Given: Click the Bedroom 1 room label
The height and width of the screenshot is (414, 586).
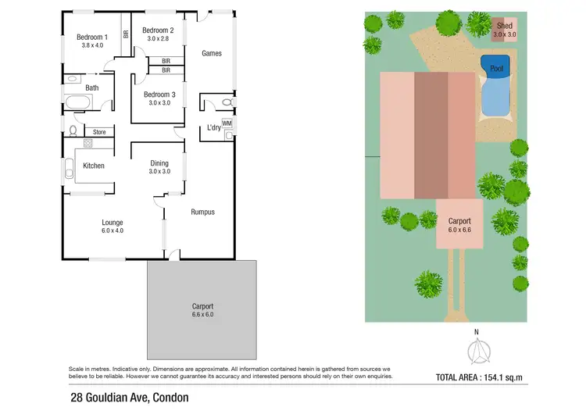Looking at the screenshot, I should coord(91,37).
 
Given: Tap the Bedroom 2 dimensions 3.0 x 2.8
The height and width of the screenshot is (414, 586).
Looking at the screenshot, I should coord(158,38).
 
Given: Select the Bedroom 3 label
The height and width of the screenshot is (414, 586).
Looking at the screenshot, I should coord(159,95).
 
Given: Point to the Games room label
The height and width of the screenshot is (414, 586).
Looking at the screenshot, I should coord(212,53).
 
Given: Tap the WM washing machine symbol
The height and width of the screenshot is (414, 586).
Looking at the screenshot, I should coord(227,123).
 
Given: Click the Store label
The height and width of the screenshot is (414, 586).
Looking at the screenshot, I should coord(98,132).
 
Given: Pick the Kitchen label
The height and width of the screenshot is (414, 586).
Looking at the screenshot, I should coord(94,166).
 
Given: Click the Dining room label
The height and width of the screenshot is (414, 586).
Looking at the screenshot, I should coord(159,163).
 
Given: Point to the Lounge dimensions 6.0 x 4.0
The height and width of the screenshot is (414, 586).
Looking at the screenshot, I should coord(113,230).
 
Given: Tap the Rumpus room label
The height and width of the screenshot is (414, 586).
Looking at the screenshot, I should coord(202,212).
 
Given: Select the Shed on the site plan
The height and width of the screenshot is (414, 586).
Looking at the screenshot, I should coord(504,30).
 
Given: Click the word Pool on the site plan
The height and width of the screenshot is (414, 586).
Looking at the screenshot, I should coord(497,69).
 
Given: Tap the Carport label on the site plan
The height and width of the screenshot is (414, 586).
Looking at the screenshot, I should coord(459,221).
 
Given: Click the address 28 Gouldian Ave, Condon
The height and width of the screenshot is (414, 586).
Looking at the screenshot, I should coord(129,397).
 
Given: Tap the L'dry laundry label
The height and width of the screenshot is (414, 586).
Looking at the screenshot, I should coord(213,128).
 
